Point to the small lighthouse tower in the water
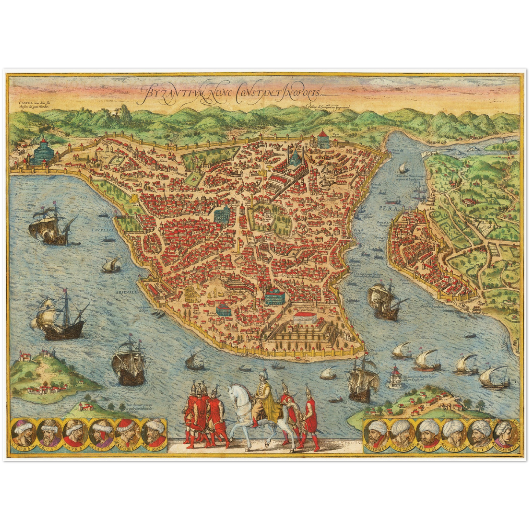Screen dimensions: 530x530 coord(395,375)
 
